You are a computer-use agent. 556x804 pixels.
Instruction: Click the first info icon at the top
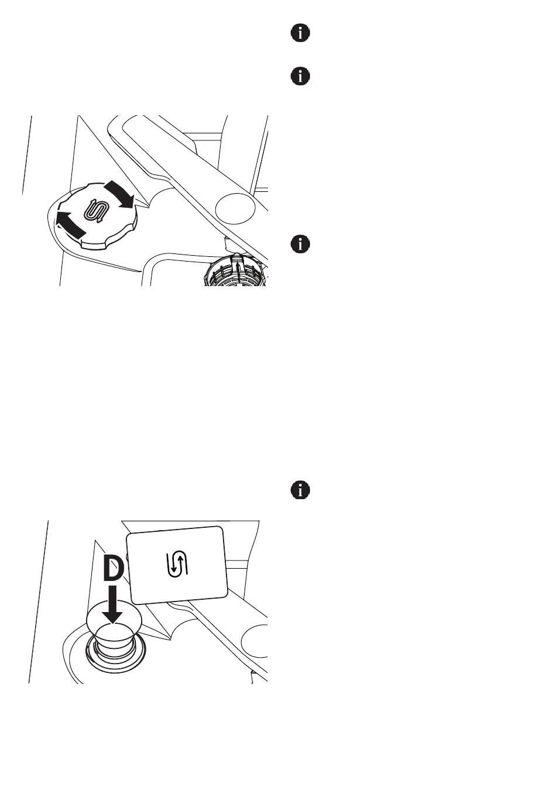tap(300, 33)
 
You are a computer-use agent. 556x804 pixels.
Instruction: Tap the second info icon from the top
tap(300, 76)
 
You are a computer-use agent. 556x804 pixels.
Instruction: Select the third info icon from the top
tap(300, 244)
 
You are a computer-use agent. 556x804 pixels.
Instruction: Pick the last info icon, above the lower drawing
tap(300, 490)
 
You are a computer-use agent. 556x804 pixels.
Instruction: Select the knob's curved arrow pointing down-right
tap(121, 195)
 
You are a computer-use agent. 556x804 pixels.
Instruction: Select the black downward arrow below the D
tap(113, 606)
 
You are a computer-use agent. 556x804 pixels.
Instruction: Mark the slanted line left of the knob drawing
tap(27, 155)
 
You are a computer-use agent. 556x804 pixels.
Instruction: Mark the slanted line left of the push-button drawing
tap(38, 603)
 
